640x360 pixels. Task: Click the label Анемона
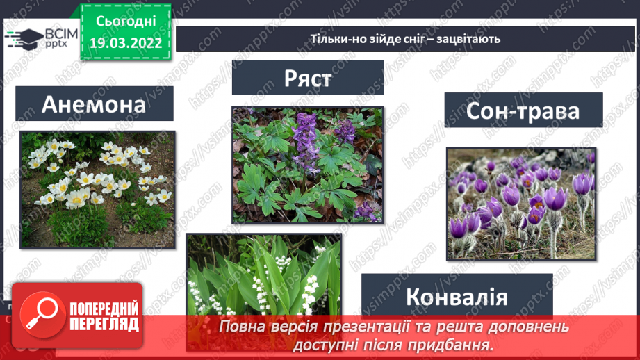coord(94,104)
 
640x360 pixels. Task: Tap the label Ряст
coord(308,77)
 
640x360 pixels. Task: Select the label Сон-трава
coord(523,111)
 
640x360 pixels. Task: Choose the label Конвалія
coord(457,297)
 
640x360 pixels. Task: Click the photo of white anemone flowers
coord(97,189)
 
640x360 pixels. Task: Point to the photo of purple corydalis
coord(306,165)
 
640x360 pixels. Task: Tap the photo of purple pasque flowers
coord(520,203)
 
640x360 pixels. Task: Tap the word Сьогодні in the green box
coord(126,22)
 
